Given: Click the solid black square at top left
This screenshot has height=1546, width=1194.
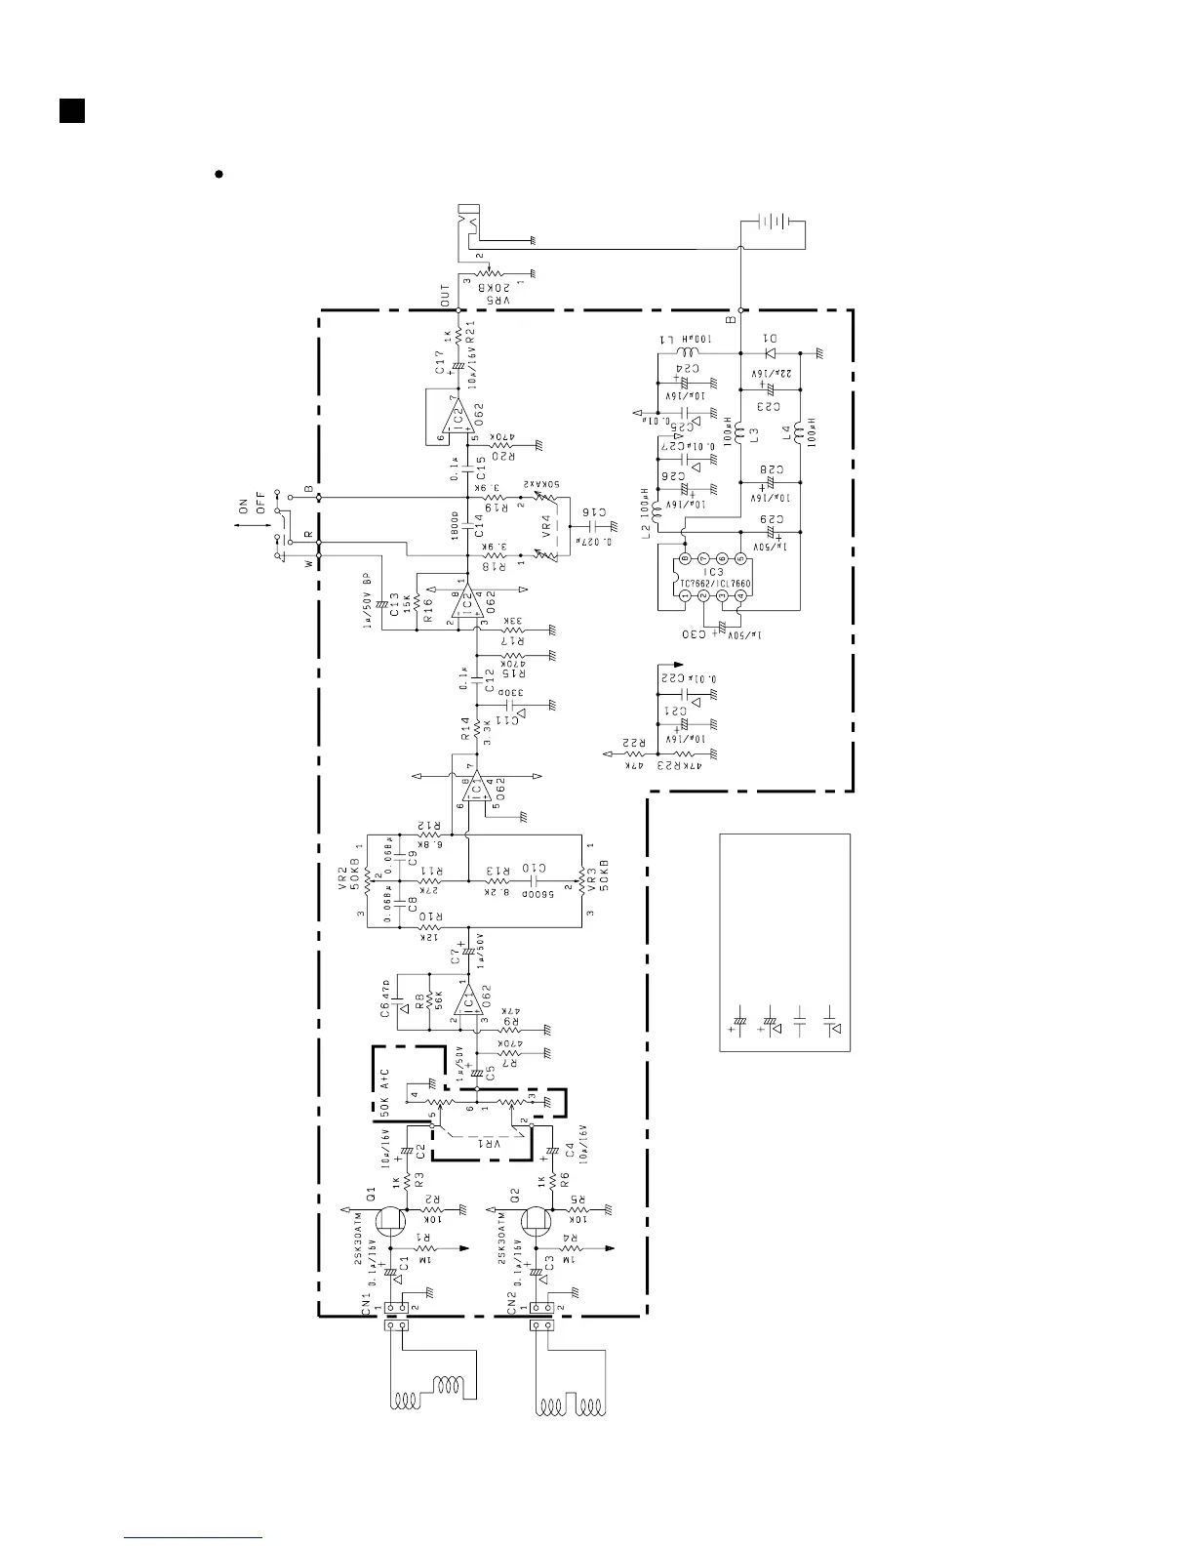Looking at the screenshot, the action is pos(70,110).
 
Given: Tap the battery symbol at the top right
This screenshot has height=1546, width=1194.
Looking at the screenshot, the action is pos(776,222).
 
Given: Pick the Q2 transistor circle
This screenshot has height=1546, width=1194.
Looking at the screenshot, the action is pos(537,1220).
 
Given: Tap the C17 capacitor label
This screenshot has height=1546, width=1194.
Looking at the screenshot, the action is pos(441,372).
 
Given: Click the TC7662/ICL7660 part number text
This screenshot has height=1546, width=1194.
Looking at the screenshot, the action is pos(714,585).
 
